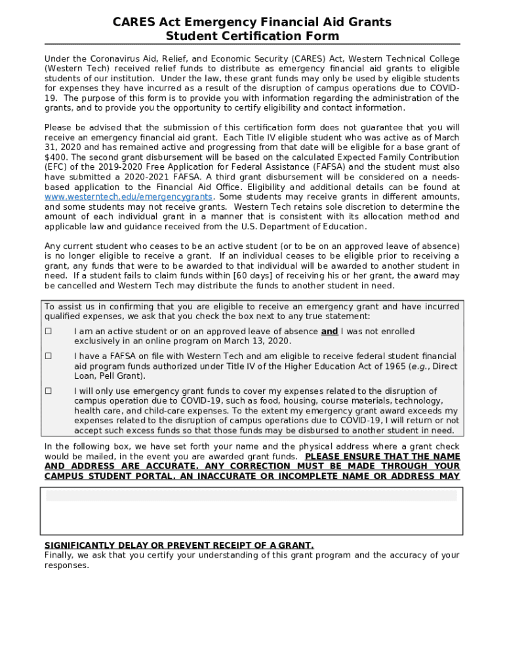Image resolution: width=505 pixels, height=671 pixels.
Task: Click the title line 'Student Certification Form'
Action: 252,36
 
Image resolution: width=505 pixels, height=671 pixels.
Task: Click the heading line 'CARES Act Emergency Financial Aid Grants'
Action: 252,22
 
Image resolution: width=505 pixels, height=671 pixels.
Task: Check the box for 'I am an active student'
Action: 49,332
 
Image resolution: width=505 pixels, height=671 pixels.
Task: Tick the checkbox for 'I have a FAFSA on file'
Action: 49,356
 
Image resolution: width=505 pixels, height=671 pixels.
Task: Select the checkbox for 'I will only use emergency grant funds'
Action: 49,391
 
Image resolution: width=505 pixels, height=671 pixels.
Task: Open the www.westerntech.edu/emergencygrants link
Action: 129,197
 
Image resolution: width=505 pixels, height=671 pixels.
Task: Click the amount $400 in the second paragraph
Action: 56,157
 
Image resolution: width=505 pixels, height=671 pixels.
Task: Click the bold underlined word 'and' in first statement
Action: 329,332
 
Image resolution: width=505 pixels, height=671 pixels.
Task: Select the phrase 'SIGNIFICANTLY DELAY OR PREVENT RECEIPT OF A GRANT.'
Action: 179,545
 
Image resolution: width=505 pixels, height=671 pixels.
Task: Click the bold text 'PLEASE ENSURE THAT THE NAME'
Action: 382,457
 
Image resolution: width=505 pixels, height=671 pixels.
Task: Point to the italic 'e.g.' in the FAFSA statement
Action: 419,366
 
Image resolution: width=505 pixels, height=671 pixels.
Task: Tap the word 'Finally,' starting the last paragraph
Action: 59,555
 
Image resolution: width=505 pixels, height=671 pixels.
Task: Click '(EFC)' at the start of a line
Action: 56,167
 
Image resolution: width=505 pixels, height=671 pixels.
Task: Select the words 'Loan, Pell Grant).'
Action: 110,376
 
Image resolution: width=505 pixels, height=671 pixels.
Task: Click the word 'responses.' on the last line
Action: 66,566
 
